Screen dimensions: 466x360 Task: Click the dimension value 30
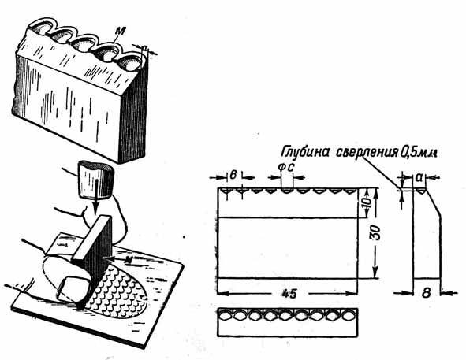pos(375,232)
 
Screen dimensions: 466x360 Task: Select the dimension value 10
pos(367,203)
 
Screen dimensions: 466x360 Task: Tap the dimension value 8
pos(426,293)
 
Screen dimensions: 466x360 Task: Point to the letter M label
pos(121,30)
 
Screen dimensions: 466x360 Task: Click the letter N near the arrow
pos(129,260)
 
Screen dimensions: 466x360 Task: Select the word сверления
pos(367,154)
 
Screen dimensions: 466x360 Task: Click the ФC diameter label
pos(286,168)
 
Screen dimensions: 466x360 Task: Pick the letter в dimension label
pos(233,175)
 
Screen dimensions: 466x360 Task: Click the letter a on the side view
pos(419,177)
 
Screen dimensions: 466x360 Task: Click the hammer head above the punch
pos(96,180)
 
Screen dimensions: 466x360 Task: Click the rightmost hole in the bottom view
pos(349,315)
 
